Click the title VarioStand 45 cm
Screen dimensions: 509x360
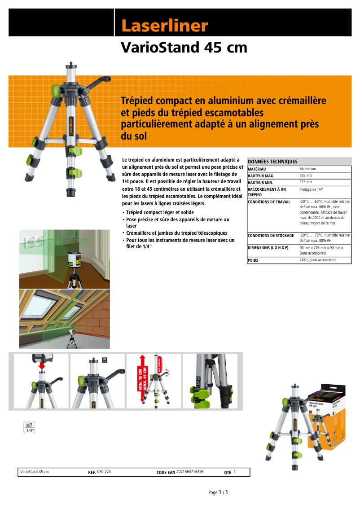click(184, 47)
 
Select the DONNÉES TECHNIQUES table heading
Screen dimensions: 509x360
click(272, 162)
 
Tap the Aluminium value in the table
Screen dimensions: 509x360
click(308, 169)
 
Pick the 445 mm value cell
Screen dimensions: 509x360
click(306, 176)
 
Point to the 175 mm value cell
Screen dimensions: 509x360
click(306, 182)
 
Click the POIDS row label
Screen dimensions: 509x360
click(253, 260)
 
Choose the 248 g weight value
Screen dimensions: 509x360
click(317, 260)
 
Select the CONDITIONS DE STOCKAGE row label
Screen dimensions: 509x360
click(271, 236)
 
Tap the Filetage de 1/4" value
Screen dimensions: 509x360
click(312, 189)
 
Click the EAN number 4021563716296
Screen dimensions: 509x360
click(190, 472)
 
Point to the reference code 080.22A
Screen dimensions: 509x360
click(104, 472)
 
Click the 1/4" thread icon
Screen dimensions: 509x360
click(30, 427)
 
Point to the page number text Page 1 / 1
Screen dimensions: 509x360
click(219, 492)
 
